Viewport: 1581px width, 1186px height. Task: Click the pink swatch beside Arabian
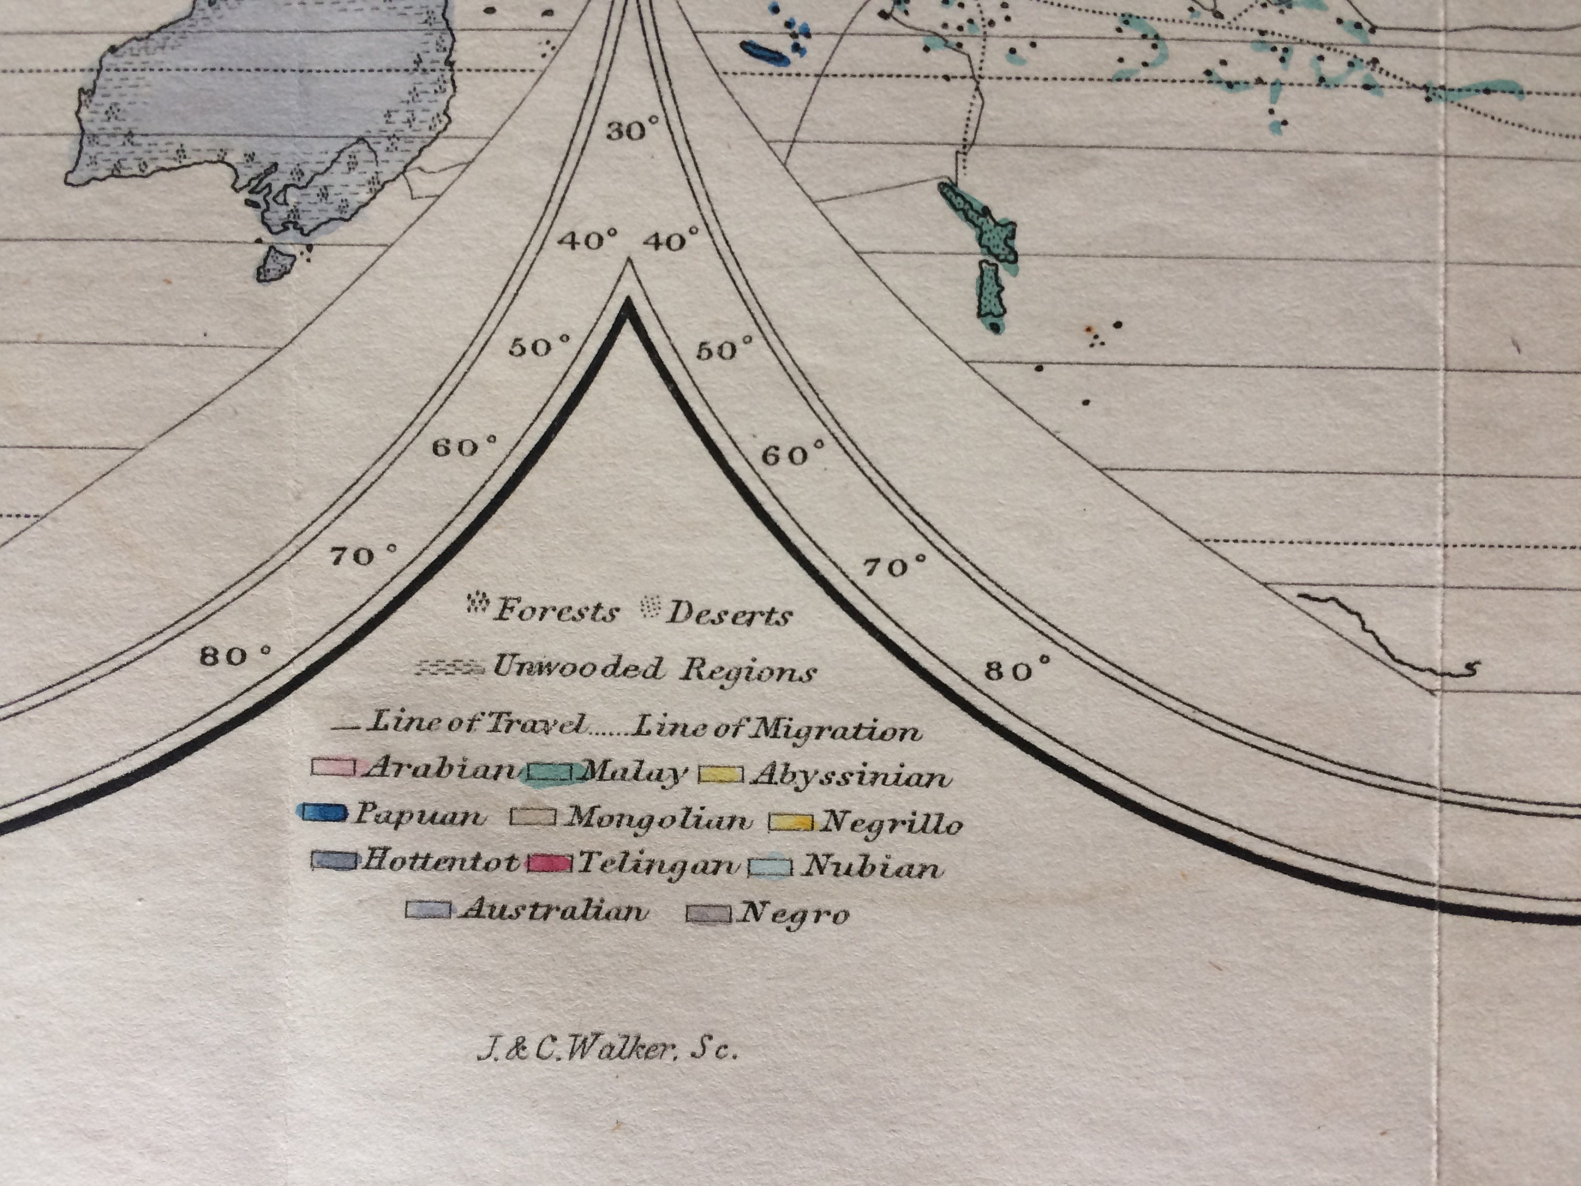point(333,767)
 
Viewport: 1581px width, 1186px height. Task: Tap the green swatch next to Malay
point(550,773)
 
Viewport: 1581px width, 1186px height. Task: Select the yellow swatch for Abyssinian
point(720,774)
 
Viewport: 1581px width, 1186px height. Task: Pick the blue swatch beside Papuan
point(324,813)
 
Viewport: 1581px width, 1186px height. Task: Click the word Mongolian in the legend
point(658,819)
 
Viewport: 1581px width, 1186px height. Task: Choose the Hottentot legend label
point(440,861)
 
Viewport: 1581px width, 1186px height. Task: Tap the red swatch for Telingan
point(550,863)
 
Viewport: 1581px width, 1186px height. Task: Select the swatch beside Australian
point(428,909)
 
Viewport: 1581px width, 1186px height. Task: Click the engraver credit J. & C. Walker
point(606,1050)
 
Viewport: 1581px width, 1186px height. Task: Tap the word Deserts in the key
point(728,615)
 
